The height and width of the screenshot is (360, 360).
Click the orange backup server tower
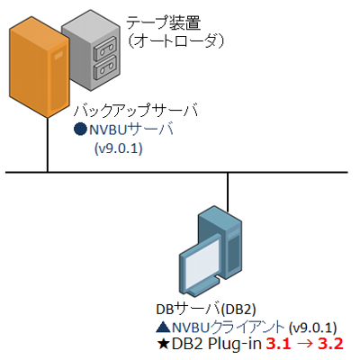[39, 67]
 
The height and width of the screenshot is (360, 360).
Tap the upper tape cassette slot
[104, 48]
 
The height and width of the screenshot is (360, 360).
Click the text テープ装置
[164, 22]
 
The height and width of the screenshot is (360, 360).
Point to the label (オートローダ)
[175, 41]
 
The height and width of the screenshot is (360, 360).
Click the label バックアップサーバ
[136, 110]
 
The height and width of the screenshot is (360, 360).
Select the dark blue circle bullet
[80, 130]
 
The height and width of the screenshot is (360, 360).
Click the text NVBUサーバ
[131, 130]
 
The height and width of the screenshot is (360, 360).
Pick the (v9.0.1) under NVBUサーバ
[118, 148]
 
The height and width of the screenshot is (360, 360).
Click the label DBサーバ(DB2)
[206, 310]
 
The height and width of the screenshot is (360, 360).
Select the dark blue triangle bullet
[164, 328]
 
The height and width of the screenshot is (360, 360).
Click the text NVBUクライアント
[229, 327]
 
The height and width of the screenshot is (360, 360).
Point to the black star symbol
[164, 344]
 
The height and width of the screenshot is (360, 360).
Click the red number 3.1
[278, 344]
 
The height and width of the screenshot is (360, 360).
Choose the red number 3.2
[330, 344]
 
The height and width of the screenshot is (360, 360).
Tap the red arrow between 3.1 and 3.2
[304, 344]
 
